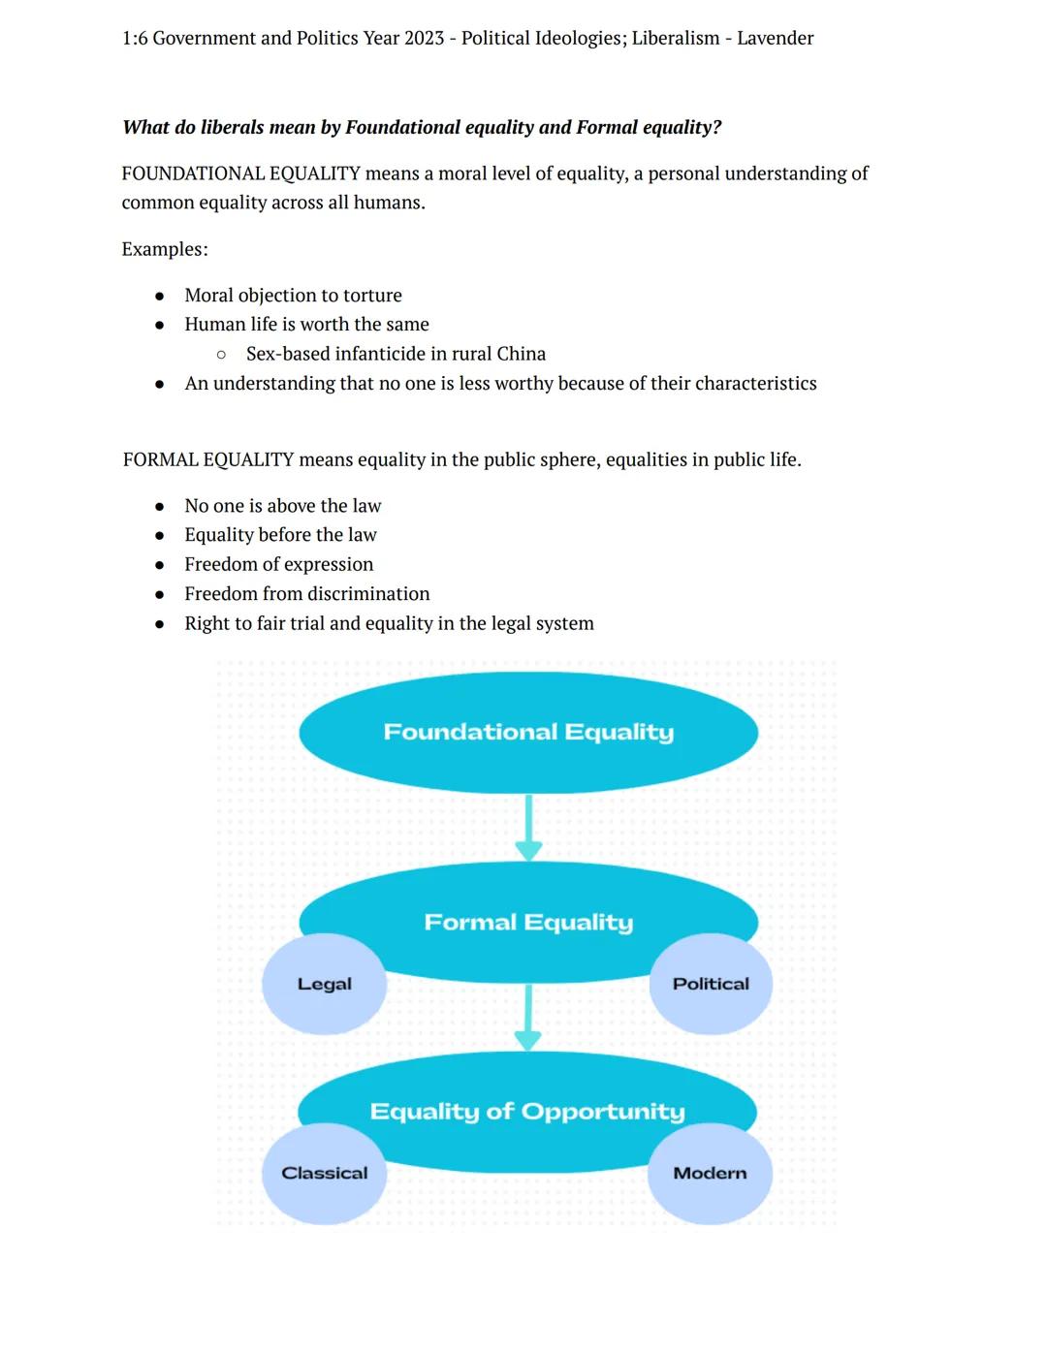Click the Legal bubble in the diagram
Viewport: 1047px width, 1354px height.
[x=324, y=984]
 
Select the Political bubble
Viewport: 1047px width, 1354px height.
[x=711, y=984]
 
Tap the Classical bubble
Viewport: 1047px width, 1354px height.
[x=324, y=1173]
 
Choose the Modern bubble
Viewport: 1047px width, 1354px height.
[x=710, y=1173]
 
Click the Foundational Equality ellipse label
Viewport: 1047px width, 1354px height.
[x=528, y=732]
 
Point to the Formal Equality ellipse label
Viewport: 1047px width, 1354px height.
[x=528, y=922]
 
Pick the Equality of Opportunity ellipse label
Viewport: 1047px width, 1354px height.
[x=527, y=1111]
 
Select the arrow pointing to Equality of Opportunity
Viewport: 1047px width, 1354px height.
[x=527, y=1017]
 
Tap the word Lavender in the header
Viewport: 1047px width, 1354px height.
[x=775, y=39]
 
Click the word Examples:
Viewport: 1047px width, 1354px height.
[x=165, y=249]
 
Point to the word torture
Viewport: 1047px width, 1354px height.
[x=372, y=296]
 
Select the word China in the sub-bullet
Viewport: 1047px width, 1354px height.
[x=521, y=354]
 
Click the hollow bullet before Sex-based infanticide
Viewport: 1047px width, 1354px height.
[x=221, y=355]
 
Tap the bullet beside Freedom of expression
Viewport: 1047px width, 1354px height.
[x=160, y=565]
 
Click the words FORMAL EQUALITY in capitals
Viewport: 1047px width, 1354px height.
[x=208, y=459]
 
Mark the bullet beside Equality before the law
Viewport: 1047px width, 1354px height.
[x=160, y=536]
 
